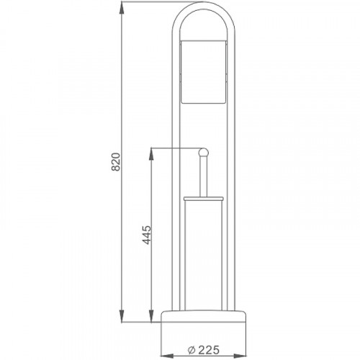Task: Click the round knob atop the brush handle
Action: (x=204, y=152)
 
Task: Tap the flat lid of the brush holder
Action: (x=204, y=196)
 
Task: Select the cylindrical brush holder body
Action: (x=204, y=252)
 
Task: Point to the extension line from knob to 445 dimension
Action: (x=173, y=148)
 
